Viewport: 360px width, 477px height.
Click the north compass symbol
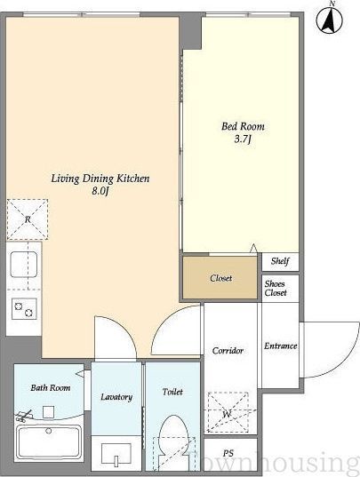pyautogui.click(x=329, y=19)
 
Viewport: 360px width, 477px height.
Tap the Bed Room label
pyautogui.click(x=243, y=126)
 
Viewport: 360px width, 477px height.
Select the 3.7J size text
pyautogui.click(x=243, y=139)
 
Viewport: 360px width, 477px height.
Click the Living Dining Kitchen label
pyautogui.click(x=100, y=179)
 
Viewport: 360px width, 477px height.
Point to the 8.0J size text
pyautogui.click(x=100, y=191)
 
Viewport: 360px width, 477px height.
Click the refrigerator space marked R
pyautogui.click(x=28, y=219)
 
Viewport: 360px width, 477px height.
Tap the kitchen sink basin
pyautogui.click(x=24, y=265)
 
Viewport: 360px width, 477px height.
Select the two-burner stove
pyautogui.click(x=24, y=309)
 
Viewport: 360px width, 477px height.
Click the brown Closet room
pyautogui.click(x=220, y=278)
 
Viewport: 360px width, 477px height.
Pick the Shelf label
pyautogui.click(x=280, y=261)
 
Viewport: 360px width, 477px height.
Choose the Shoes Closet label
pyautogui.click(x=276, y=288)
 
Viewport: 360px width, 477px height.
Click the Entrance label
pyautogui.click(x=280, y=346)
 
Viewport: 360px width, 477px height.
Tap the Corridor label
pyautogui.click(x=228, y=351)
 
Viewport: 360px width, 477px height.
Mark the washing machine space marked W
pyautogui.click(x=228, y=413)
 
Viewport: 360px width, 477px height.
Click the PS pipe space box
pyautogui.click(x=230, y=453)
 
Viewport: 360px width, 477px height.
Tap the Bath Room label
pyautogui.click(x=51, y=388)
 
